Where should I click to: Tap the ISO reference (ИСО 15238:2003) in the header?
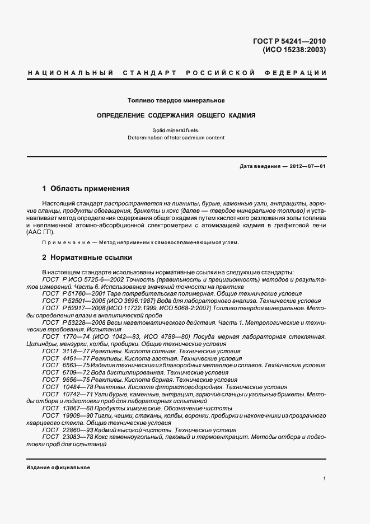294,50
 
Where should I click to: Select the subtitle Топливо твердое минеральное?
176,101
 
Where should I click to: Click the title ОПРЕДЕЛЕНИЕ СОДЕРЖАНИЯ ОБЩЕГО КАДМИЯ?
176,115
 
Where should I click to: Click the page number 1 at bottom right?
324,479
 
